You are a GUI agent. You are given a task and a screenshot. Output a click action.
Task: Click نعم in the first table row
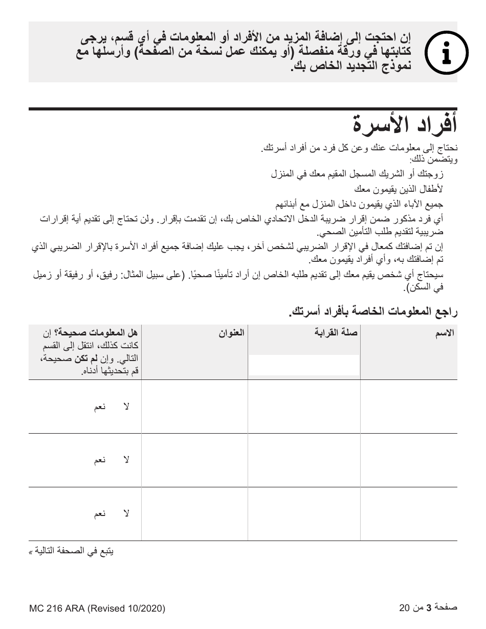point(100,407)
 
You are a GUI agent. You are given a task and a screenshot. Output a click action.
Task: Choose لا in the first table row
point(126,407)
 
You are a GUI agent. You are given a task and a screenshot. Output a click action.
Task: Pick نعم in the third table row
point(100,514)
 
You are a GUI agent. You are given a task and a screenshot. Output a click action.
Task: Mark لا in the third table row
point(126,514)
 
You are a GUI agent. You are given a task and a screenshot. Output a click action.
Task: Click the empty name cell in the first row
point(408,407)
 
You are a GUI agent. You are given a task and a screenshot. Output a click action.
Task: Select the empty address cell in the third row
point(194,514)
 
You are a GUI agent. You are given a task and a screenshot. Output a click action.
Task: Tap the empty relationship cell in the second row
point(304,460)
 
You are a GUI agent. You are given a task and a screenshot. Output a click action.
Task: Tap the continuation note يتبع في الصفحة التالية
point(71,552)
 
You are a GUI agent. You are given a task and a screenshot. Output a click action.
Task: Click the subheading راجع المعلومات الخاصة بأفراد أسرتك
point(372,311)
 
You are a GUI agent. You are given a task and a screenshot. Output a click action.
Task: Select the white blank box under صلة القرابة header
point(304,366)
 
